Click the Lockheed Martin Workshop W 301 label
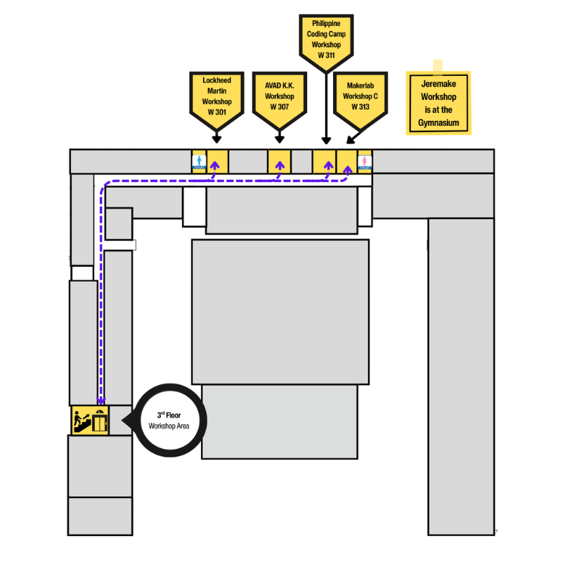(216, 96)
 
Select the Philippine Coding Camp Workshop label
(326, 39)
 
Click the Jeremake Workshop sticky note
(438, 103)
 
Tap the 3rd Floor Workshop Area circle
(169, 420)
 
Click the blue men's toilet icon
(199, 162)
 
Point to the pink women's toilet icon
(365, 162)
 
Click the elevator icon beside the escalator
(100, 421)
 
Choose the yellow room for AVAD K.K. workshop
(279, 162)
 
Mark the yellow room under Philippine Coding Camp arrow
(324, 162)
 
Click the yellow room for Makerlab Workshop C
(347, 162)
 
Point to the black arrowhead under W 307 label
(280, 139)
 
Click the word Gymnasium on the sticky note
(438, 123)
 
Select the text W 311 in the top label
(326, 54)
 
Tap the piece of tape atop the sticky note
(438, 66)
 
